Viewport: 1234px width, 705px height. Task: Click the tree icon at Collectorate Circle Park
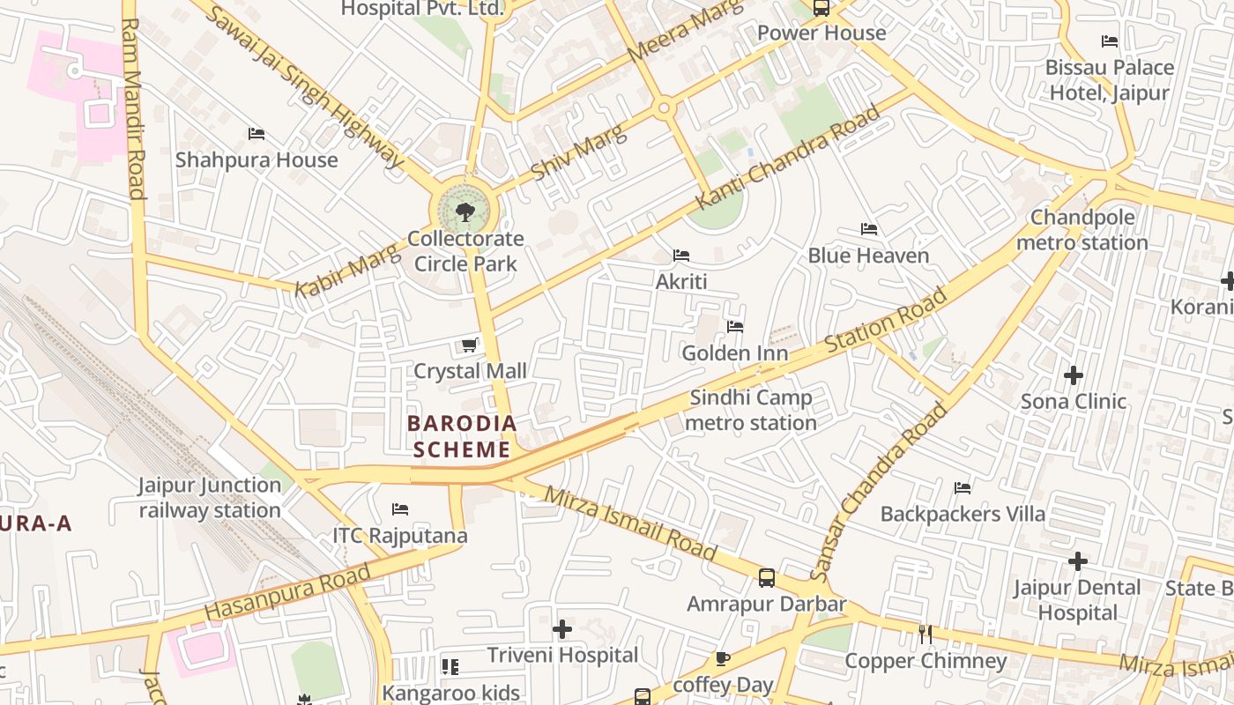pyautogui.click(x=465, y=211)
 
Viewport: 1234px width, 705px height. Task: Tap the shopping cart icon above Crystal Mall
pyautogui.click(x=470, y=345)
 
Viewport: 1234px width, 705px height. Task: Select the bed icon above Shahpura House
pyautogui.click(x=256, y=134)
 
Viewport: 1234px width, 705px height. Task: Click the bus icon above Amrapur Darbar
pyautogui.click(x=767, y=578)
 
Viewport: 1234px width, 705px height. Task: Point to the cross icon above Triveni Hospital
pyautogui.click(x=562, y=629)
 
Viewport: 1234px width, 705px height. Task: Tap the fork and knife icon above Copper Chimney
pyautogui.click(x=925, y=634)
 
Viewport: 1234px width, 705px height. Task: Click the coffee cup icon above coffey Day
pyautogui.click(x=723, y=658)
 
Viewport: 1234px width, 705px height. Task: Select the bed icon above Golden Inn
pyautogui.click(x=735, y=327)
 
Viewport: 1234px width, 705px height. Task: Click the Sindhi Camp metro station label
pyautogui.click(x=751, y=411)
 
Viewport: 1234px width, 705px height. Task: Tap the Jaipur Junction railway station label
pyautogui.click(x=210, y=498)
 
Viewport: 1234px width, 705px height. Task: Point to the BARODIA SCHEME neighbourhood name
pyautogui.click(x=462, y=436)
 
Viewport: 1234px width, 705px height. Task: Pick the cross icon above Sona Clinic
pyautogui.click(x=1073, y=375)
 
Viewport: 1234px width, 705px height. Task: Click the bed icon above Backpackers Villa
pyautogui.click(x=963, y=487)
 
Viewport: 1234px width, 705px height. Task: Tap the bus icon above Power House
pyautogui.click(x=821, y=8)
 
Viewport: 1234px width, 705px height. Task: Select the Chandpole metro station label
pyautogui.click(x=1082, y=230)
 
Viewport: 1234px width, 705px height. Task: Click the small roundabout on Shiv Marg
pyautogui.click(x=664, y=108)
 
